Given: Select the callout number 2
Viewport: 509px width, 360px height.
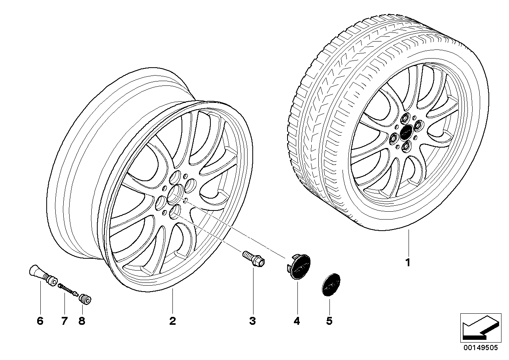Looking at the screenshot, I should click(172, 321).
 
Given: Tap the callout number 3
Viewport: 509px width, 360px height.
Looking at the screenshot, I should click(253, 321).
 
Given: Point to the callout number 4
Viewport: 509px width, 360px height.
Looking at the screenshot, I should click(297, 321).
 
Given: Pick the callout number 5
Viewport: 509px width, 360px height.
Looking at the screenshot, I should click(329, 321).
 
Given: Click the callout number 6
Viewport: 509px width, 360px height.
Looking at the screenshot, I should click(40, 321).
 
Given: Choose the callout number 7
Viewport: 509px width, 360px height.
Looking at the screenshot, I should click(64, 321).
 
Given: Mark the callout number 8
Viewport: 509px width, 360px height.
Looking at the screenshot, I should click(82, 321).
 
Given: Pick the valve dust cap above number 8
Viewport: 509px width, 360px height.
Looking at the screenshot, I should click(85, 299).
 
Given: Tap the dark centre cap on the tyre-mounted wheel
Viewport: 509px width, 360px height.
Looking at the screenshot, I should click(405, 133).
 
